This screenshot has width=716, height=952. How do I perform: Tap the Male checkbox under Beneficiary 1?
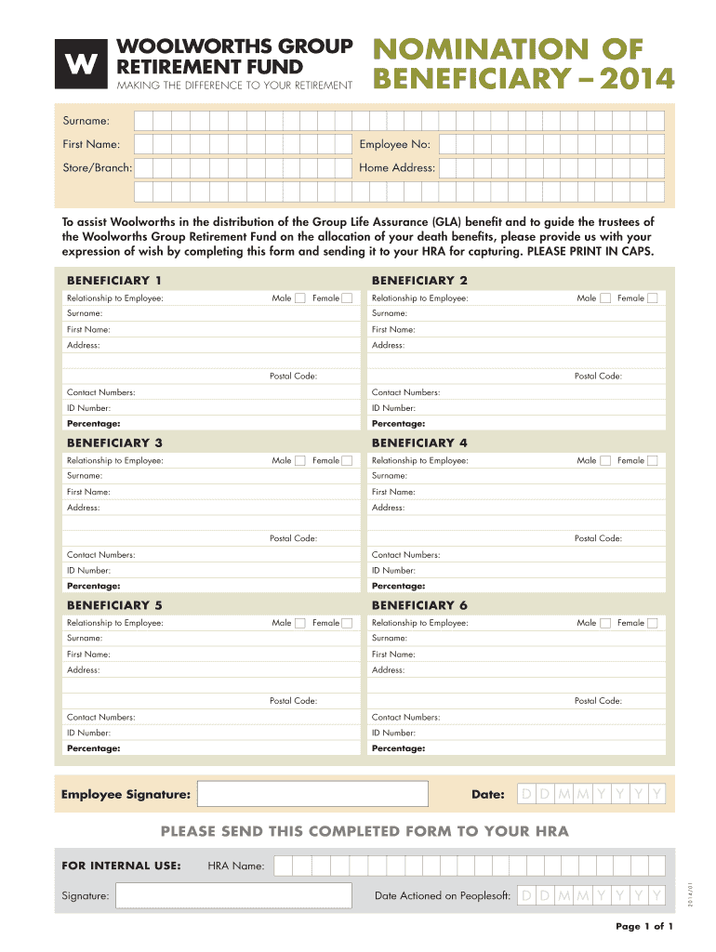[x=300, y=298]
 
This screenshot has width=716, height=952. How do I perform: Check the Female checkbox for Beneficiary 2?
[x=652, y=298]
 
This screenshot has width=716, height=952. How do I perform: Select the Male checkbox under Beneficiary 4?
[x=605, y=460]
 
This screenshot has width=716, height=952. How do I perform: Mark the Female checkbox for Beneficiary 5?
[x=347, y=623]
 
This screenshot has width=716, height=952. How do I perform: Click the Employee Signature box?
[x=313, y=794]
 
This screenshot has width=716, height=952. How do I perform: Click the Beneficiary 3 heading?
[x=114, y=443]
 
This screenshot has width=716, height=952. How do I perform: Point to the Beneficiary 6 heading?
[x=419, y=605]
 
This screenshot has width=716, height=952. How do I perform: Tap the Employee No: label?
[x=394, y=144]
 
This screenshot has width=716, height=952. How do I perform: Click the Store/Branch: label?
[x=97, y=168]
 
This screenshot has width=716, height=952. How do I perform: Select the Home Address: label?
[x=397, y=168]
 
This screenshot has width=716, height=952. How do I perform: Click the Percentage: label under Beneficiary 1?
[x=93, y=424]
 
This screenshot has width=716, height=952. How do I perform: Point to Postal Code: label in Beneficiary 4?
[x=598, y=538]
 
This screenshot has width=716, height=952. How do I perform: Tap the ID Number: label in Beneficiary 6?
[x=393, y=733]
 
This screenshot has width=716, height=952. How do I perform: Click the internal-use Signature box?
[x=233, y=896]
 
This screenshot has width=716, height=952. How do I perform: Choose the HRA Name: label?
[x=236, y=866]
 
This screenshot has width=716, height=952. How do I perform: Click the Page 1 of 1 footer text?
[x=644, y=927]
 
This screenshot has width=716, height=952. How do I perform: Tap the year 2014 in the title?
[x=637, y=79]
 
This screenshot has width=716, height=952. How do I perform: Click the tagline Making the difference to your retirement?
[x=234, y=86]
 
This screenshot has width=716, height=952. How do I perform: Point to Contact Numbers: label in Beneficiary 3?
[x=100, y=555]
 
